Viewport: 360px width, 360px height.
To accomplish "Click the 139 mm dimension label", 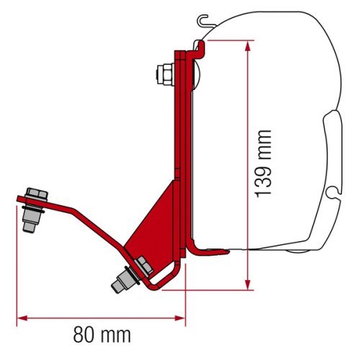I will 263,164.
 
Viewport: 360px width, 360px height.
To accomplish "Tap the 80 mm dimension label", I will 101,334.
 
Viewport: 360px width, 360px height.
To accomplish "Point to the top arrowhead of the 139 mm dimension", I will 248,45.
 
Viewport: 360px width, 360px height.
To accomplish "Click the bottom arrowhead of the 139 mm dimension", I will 248,286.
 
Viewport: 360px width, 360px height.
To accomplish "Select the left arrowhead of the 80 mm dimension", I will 21,317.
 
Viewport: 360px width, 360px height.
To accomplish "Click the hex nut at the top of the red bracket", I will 163,73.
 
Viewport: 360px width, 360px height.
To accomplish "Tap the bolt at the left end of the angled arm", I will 32,209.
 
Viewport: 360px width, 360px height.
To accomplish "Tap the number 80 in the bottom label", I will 84,334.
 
